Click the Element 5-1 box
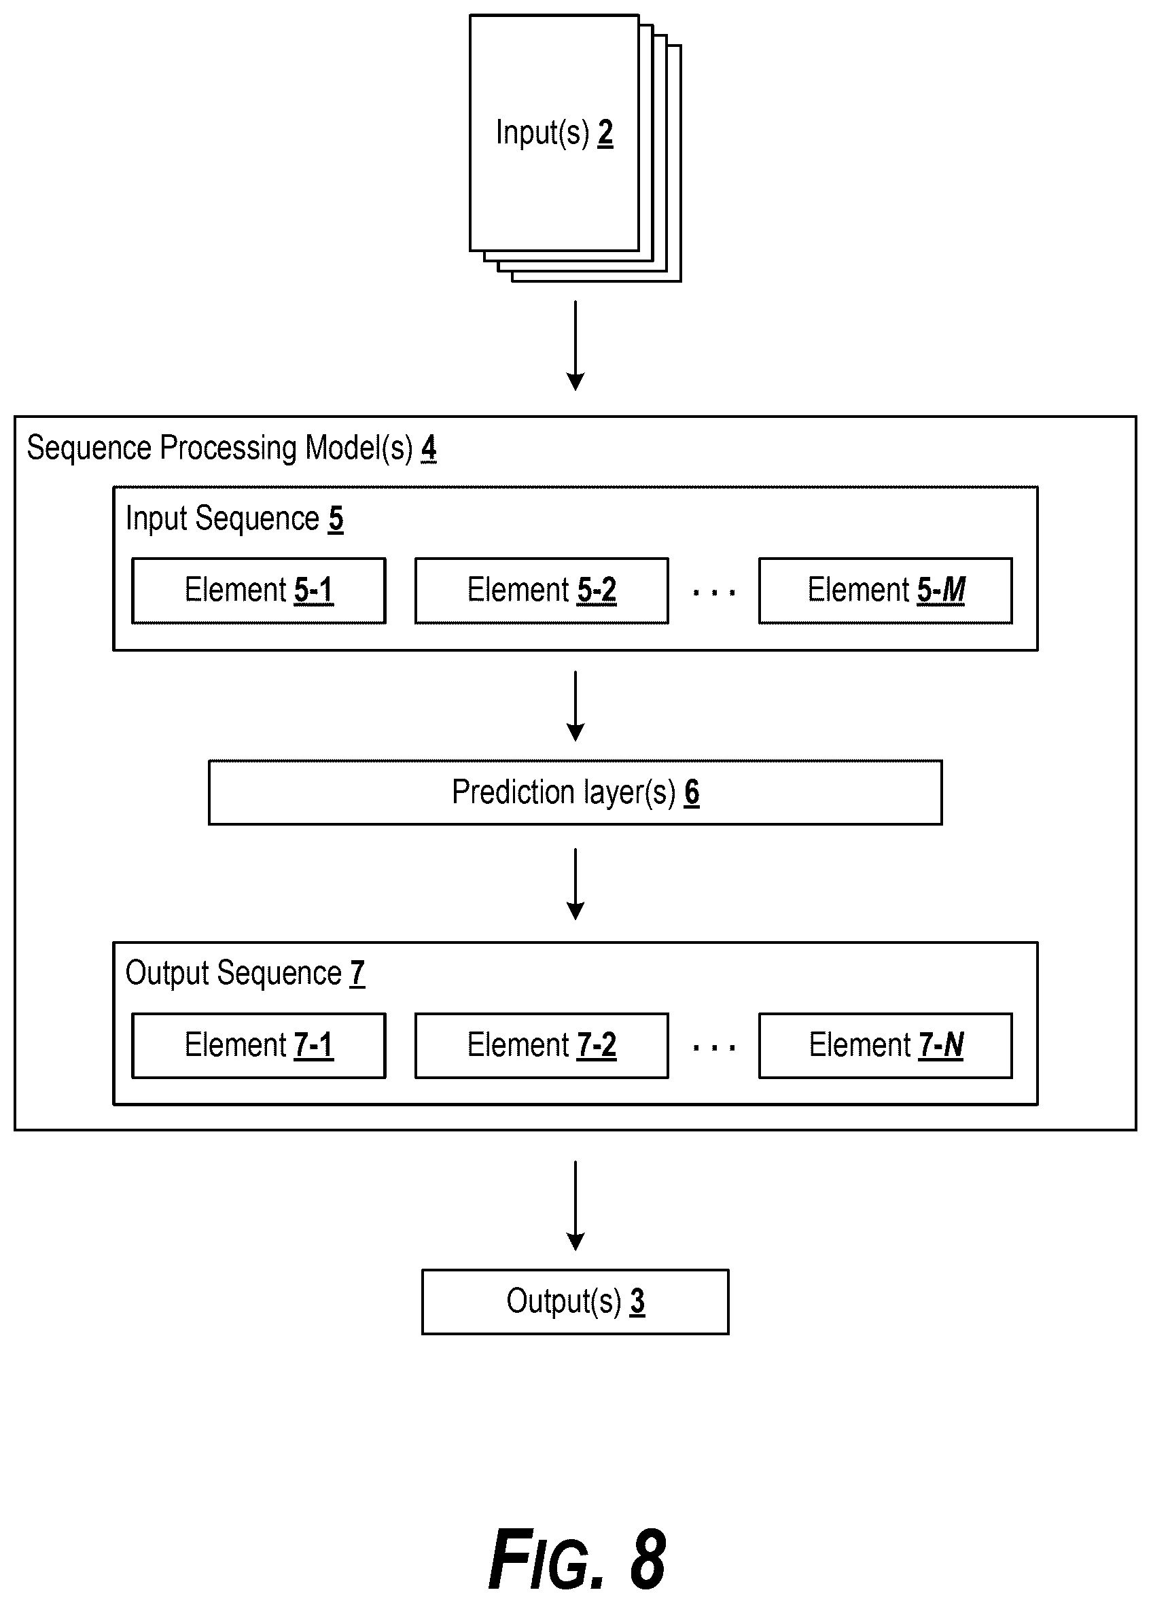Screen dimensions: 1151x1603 (x=259, y=591)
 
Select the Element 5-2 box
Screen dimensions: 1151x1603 (x=542, y=591)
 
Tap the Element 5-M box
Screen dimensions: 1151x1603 (x=885, y=591)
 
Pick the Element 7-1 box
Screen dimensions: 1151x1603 (x=259, y=1045)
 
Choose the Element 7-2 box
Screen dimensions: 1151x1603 (x=542, y=1045)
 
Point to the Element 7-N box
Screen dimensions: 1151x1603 (x=885, y=1045)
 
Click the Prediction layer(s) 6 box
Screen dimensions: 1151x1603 (x=575, y=792)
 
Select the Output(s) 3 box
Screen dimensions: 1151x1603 (x=575, y=1302)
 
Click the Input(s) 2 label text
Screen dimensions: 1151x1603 (x=554, y=133)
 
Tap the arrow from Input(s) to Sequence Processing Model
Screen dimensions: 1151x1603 (x=576, y=346)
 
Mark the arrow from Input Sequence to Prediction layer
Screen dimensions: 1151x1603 (x=576, y=706)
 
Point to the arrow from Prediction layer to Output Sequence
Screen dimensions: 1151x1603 (x=576, y=884)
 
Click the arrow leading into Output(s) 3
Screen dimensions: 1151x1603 (x=576, y=1205)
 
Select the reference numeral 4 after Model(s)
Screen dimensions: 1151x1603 (x=429, y=448)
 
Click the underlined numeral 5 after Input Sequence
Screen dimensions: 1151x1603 (x=336, y=518)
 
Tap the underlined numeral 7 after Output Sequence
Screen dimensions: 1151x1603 (x=357, y=973)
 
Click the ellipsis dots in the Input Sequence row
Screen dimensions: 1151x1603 (x=713, y=593)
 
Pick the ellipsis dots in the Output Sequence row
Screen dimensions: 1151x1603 (x=713, y=1047)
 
